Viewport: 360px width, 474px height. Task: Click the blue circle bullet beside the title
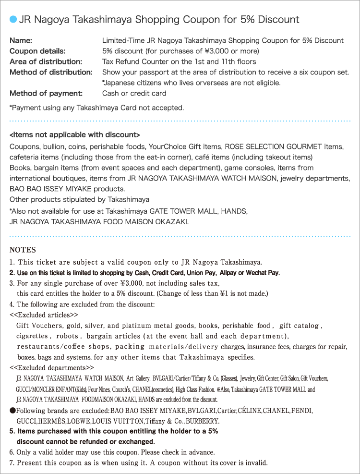[13, 20]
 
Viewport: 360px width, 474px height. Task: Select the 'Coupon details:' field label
[37, 51]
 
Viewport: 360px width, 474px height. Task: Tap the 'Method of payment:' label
[46, 93]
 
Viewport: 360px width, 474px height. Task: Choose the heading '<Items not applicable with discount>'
[75, 135]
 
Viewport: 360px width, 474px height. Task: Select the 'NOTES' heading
[23, 250]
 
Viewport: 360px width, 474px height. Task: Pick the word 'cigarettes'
[32, 336]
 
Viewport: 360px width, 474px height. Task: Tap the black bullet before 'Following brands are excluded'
[13, 411]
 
